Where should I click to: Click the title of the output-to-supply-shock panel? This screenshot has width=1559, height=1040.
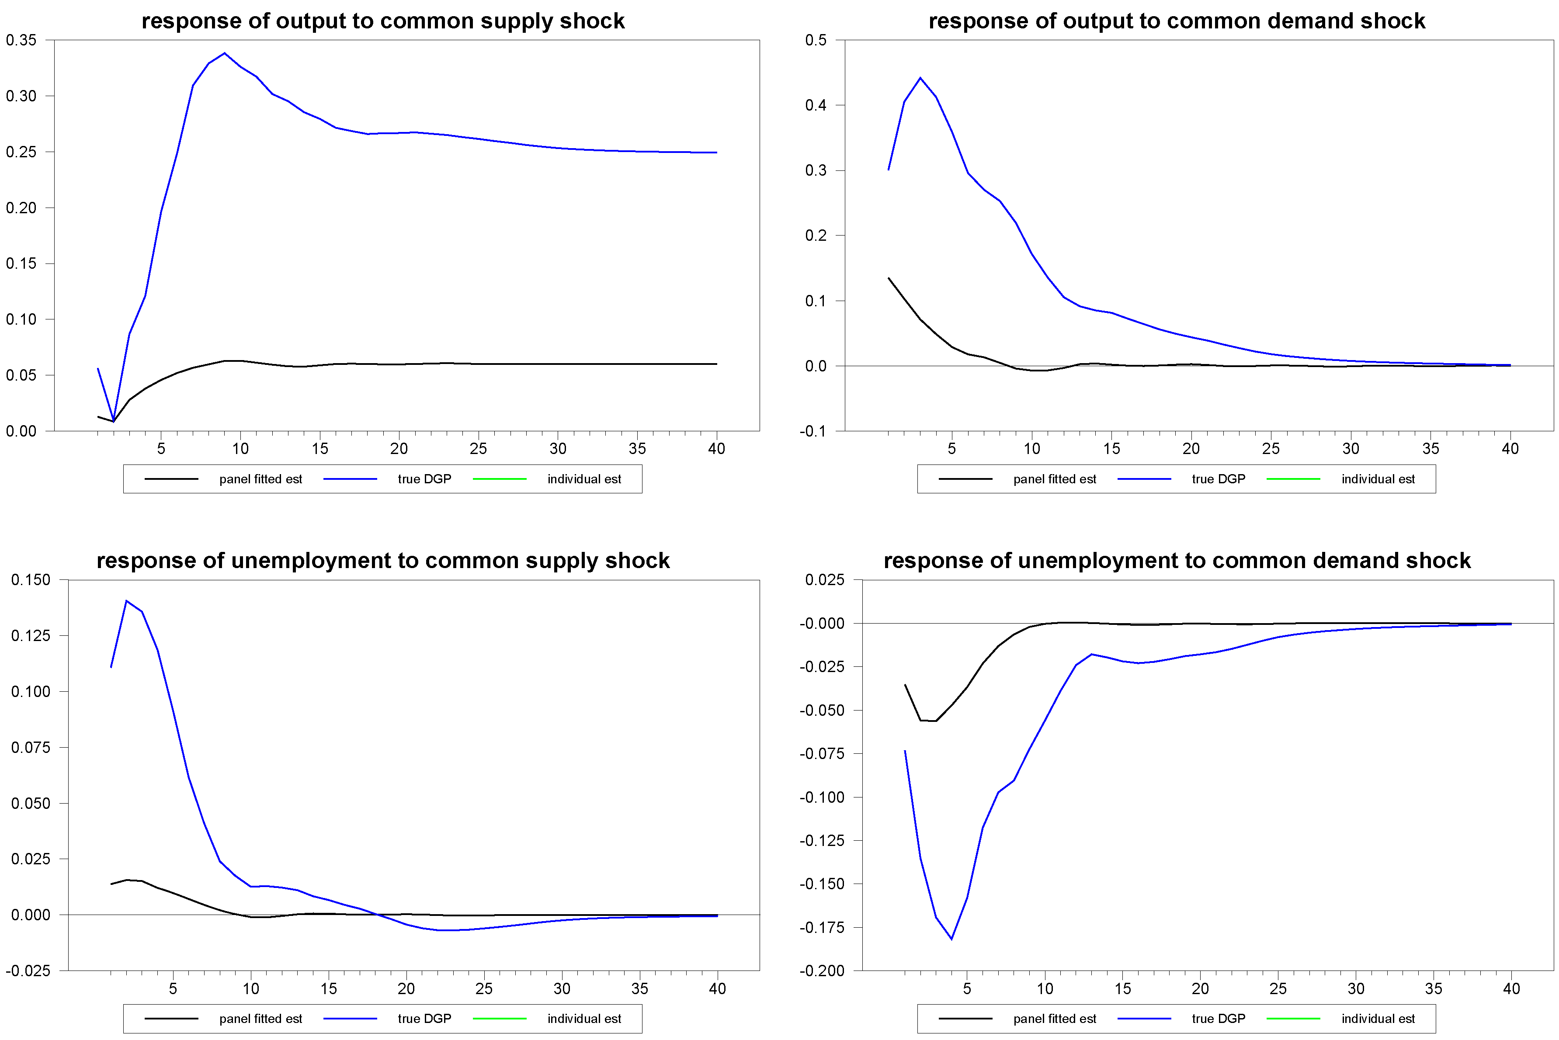coord(383,21)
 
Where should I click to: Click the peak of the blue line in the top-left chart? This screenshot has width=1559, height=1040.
coord(224,53)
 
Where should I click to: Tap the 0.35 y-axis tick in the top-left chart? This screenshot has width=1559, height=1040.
coord(21,40)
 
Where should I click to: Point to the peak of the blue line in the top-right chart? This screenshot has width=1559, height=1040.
coord(920,78)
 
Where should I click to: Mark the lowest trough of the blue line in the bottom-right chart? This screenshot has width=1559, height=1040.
coord(951,939)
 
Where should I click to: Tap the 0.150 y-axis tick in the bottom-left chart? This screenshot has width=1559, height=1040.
coord(31,580)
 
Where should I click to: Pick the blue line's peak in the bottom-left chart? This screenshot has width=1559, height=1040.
coord(126,601)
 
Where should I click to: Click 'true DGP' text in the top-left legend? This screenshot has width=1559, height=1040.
coord(424,479)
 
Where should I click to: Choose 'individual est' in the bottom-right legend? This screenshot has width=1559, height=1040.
coord(1378,1019)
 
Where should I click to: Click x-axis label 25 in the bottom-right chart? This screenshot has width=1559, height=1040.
coord(1278,989)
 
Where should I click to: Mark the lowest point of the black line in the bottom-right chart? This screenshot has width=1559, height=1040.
coord(935,721)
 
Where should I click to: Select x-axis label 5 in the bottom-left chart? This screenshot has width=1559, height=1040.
coord(173,989)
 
